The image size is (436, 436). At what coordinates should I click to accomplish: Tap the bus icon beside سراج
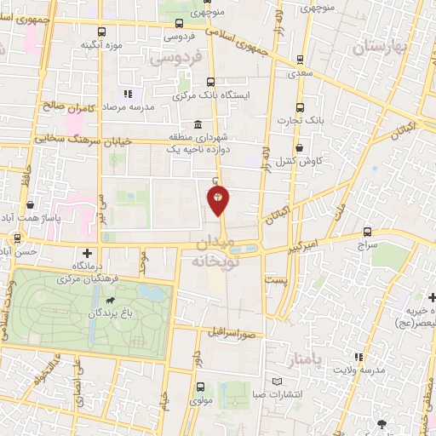(368, 231)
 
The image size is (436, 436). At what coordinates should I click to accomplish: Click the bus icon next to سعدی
(300, 60)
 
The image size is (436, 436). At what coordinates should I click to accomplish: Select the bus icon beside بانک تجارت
(300, 107)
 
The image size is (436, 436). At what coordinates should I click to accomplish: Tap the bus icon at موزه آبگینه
(103, 32)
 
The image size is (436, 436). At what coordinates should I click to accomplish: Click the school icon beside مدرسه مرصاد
(127, 94)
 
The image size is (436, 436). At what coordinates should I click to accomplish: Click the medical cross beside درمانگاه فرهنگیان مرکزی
(88, 253)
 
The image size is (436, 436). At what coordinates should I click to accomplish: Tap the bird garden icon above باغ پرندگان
(109, 301)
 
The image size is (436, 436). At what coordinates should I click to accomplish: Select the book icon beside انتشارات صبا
(276, 381)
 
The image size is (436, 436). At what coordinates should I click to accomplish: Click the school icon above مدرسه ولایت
(359, 356)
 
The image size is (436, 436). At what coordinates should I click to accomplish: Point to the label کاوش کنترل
(304, 161)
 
